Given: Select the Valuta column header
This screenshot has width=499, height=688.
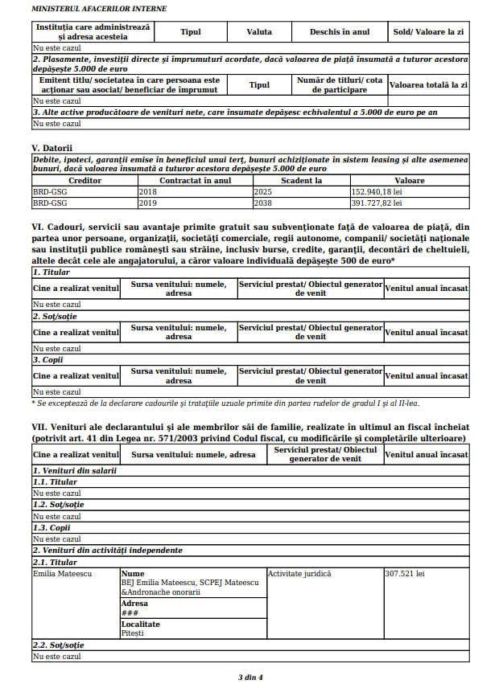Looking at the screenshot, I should click(259, 32).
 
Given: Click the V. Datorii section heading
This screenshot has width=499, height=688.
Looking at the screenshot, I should click(52, 148).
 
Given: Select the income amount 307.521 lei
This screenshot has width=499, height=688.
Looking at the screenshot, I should click(405, 574).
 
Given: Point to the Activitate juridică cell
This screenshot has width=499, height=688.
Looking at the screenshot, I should click(299, 574).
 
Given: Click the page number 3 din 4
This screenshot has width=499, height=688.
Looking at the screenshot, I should click(250, 677).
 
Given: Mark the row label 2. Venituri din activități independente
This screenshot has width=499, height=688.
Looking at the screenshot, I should click(107, 551).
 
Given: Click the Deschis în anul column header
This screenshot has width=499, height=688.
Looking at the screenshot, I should click(340, 32).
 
